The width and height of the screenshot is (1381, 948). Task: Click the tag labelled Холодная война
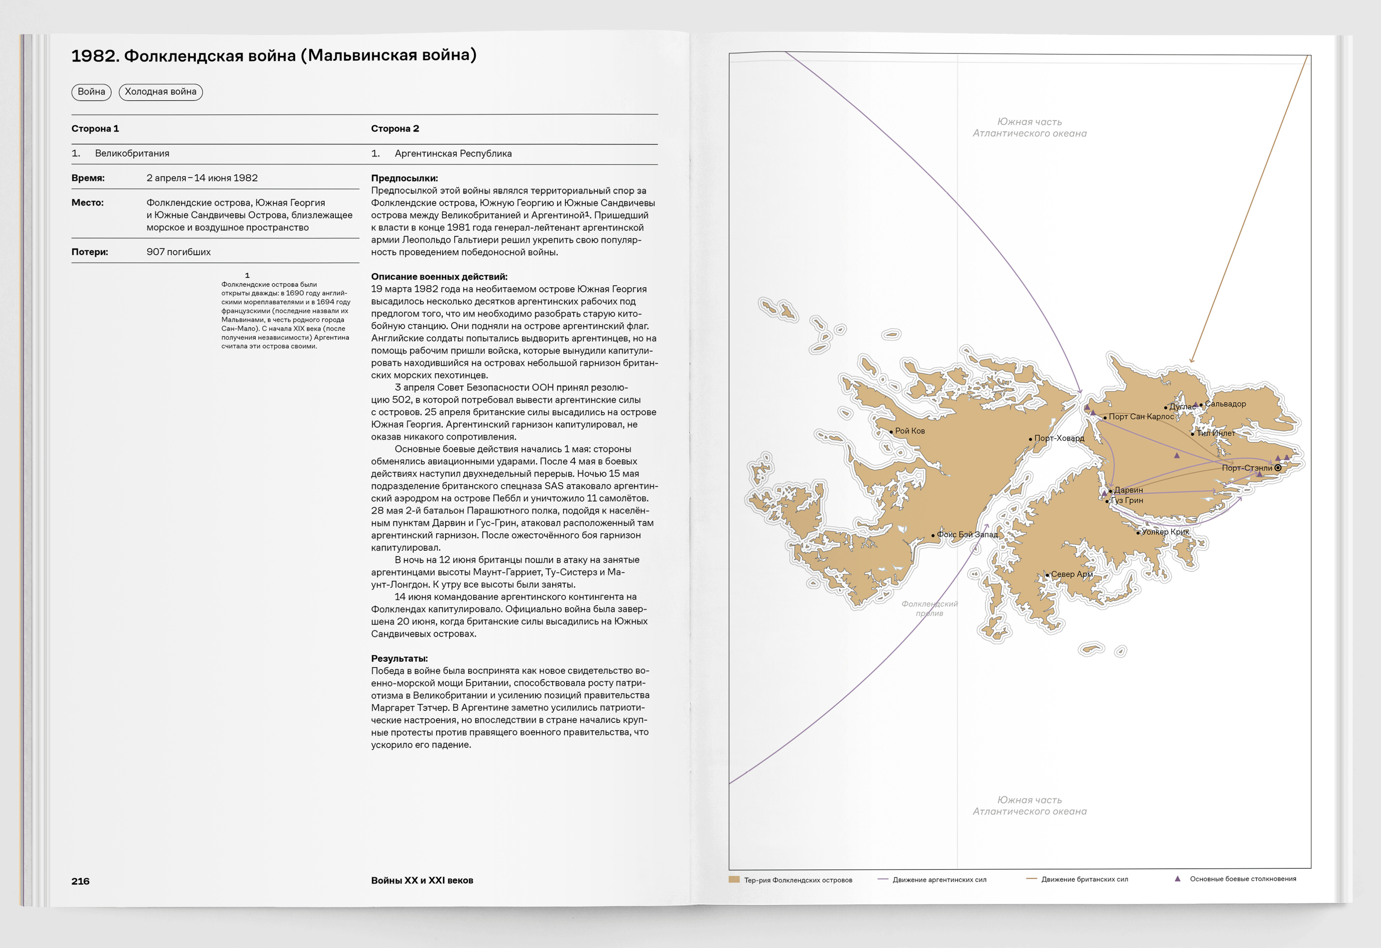160,91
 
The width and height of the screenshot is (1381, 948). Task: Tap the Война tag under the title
91,91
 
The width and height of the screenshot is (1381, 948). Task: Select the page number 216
80,881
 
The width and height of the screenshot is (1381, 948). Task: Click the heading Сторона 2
395,128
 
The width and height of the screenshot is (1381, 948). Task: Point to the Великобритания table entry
132,153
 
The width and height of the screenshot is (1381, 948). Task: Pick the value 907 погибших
178,252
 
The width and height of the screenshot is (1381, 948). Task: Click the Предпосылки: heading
404,178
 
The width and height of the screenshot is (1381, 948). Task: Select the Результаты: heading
399,659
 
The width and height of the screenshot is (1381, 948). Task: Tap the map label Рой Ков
909,431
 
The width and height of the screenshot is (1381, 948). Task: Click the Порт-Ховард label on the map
1059,438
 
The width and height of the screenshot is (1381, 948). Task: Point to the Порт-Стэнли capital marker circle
1277,468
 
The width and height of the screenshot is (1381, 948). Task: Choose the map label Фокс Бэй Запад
967,534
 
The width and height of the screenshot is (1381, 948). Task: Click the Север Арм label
1071,574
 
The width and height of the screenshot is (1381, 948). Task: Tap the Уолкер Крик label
1165,532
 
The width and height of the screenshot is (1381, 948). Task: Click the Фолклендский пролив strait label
929,609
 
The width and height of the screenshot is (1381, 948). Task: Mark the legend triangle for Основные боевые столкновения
1177,878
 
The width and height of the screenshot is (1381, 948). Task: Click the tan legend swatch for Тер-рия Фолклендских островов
734,879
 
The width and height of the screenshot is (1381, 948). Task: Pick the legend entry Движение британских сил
1084,879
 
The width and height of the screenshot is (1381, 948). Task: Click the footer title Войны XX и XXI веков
422,880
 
